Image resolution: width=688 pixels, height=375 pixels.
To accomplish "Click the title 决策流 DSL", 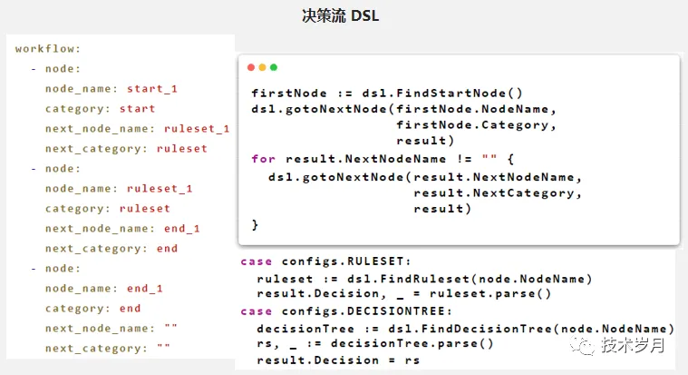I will pos(340,16).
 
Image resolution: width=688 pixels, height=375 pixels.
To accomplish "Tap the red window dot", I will pos(251,67).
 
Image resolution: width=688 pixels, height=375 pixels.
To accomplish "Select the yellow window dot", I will pos(262,67).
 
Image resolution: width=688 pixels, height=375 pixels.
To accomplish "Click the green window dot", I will pos(274,67).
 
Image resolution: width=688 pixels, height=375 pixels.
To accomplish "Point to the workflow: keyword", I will pos(48,48).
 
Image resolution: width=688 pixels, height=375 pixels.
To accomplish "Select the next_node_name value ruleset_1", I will pos(197,128).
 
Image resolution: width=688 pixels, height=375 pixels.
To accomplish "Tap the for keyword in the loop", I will pos(263,159).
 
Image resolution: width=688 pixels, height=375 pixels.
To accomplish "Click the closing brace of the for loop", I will pos(255,224).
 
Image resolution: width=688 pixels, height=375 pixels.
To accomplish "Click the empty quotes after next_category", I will pos(163,348).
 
